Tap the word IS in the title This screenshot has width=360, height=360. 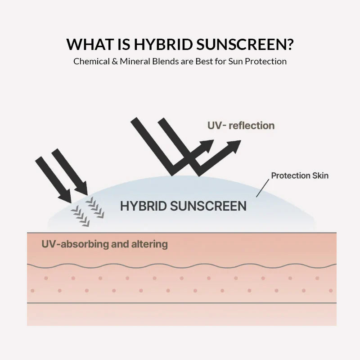[x=124, y=45]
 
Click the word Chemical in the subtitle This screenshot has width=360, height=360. [x=91, y=61]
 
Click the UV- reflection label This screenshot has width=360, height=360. [x=241, y=126]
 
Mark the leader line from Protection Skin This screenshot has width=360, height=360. [x=262, y=189]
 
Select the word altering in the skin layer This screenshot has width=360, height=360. [x=150, y=244]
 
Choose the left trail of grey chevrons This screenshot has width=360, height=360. [x=80, y=215]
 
